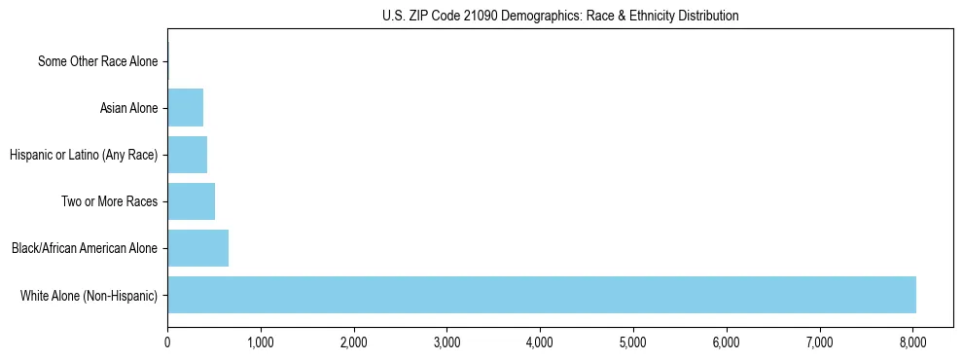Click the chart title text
tap(560, 16)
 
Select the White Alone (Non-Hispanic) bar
tap(541, 295)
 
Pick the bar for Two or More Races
tap(191, 201)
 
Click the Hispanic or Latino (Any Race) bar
tap(187, 155)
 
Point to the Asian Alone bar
tap(185, 108)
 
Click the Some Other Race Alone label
tap(97, 62)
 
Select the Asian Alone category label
tap(128, 108)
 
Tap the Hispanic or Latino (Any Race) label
tap(83, 155)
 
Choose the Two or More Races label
tap(113, 201)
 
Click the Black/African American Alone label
tap(85, 248)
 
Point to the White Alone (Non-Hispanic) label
tap(89, 295)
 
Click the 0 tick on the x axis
tap(167, 342)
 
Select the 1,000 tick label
tap(260, 342)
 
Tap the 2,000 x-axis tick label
tap(353, 342)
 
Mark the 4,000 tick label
tap(540, 342)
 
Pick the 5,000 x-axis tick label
tap(633, 342)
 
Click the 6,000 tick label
tap(727, 342)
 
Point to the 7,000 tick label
tap(820, 342)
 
